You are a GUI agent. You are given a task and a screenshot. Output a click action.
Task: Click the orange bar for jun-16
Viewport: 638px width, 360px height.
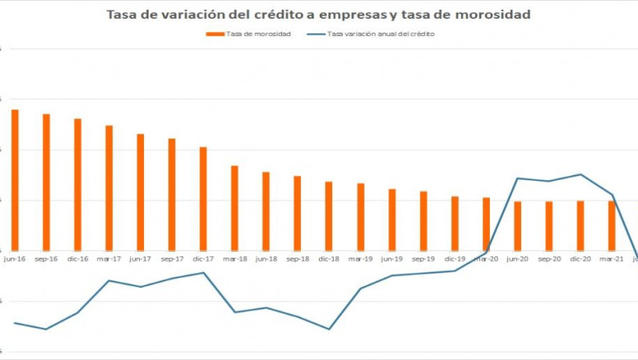(x=15, y=180)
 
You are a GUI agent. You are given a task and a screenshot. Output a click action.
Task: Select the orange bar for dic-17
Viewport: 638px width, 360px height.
(x=203, y=199)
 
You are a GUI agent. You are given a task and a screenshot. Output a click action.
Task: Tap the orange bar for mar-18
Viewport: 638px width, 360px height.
(x=235, y=208)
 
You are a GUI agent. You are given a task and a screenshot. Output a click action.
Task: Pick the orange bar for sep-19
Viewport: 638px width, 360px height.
(x=423, y=221)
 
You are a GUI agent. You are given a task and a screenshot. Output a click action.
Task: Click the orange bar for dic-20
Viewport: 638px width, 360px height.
(x=580, y=226)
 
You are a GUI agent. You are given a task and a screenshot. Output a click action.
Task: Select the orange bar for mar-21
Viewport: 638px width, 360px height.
(x=611, y=226)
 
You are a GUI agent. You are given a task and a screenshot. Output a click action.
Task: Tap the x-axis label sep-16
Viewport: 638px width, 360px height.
(x=46, y=259)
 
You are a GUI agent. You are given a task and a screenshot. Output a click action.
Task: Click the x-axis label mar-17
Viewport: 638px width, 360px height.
(x=109, y=259)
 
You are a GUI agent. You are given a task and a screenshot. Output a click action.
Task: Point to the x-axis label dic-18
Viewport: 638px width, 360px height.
(x=329, y=259)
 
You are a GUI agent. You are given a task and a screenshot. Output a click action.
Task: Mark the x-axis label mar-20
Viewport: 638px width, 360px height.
(x=486, y=259)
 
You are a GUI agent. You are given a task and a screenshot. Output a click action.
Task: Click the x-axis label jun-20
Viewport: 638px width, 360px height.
(x=517, y=259)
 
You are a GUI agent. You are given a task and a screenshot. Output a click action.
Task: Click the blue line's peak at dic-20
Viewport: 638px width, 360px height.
(x=580, y=174)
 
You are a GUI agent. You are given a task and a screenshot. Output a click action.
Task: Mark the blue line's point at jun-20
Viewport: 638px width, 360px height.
(x=518, y=178)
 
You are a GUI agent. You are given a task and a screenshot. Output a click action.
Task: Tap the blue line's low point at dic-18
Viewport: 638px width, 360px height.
(x=329, y=329)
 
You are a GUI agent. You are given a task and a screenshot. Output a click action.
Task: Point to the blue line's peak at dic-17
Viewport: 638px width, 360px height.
(x=203, y=272)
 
